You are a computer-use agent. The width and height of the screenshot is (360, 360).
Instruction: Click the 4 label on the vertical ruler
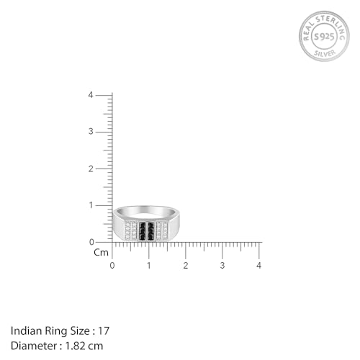pyautogui.click(x=91, y=95)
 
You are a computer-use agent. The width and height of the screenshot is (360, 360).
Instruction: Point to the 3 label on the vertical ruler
pyautogui.click(x=91, y=132)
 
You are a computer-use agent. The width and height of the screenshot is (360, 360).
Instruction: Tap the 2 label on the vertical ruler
pyautogui.click(x=91, y=168)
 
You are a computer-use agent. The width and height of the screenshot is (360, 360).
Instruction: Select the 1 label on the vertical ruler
pyautogui.click(x=91, y=205)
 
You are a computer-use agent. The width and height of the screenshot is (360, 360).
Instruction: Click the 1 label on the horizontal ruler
pyautogui.click(x=149, y=266)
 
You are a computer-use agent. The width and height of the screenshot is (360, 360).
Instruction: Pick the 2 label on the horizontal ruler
pyautogui.click(x=186, y=266)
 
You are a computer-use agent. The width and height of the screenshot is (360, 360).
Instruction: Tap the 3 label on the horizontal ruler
pyautogui.click(x=222, y=266)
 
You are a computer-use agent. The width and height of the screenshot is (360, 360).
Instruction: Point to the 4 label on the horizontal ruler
pyautogui.click(x=259, y=266)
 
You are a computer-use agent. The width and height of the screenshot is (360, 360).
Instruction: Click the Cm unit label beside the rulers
pyautogui.click(x=102, y=253)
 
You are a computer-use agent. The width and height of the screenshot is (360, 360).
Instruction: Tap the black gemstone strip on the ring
pyautogui.click(x=148, y=230)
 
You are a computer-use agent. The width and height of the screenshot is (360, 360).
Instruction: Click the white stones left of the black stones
pyautogui.click(x=130, y=230)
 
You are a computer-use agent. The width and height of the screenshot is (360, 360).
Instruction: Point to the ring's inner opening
pyautogui.click(x=146, y=213)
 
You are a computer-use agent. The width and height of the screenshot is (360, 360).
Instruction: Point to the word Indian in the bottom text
pyautogui.click(x=24, y=330)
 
